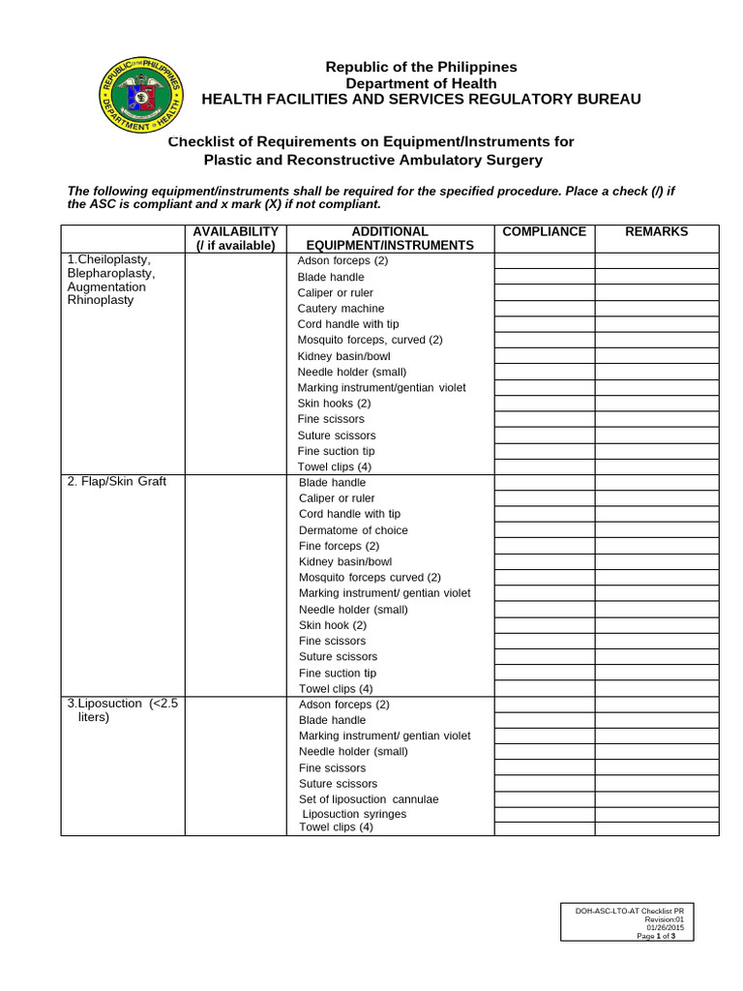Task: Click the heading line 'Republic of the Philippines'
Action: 421,67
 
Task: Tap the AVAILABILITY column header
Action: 235,231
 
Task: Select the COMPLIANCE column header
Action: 544,231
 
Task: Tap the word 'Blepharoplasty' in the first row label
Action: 110,273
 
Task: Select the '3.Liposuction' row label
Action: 104,704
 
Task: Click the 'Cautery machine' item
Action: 341,309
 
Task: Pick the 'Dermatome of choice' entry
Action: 353,530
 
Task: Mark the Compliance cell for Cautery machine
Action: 544,309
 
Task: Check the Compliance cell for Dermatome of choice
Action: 544,530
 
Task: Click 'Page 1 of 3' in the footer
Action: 656,936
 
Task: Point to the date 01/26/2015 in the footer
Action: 666,928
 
